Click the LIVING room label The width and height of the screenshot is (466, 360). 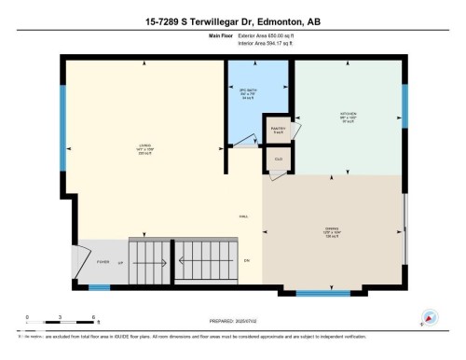click(x=144, y=145)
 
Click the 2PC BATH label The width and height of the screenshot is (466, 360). click(x=247, y=90)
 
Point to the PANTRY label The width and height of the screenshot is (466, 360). click(x=277, y=129)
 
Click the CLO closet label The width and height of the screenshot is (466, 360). click(x=277, y=159)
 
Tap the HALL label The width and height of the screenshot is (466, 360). click(x=243, y=215)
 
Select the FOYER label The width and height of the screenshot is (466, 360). click(x=103, y=262)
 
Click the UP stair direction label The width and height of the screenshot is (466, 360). click(x=119, y=262)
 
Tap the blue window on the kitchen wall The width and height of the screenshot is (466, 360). click(x=404, y=108)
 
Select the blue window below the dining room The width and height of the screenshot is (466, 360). click(x=322, y=295)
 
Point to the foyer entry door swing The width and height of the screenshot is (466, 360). click(x=80, y=257)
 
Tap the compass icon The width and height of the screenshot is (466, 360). click(x=431, y=317)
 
